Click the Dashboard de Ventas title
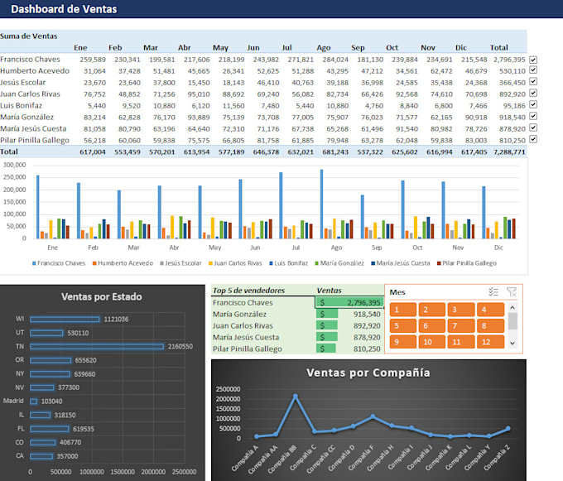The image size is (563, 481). [63, 9]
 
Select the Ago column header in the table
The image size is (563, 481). [323, 47]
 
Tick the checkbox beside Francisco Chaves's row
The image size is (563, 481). [533, 60]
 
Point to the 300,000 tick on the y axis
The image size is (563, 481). [15, 165]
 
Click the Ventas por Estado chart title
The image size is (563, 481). [101, 296]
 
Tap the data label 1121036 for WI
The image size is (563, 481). [116, 319]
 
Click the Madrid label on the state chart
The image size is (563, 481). [14, 401]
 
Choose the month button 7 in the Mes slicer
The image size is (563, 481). [457, 325]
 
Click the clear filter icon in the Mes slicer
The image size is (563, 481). [511, 291]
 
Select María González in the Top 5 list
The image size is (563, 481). [240, 314]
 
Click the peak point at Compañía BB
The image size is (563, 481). [295, 396]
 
